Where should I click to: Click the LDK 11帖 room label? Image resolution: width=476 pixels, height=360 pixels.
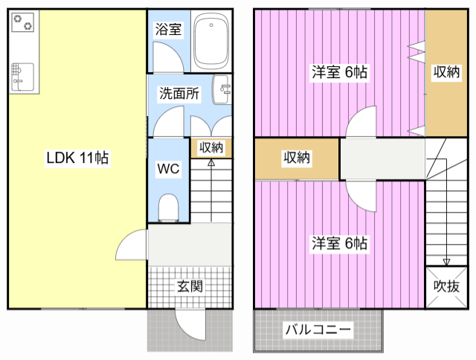coord(77,158)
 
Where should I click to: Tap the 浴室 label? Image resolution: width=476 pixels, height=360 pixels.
coord(168,30)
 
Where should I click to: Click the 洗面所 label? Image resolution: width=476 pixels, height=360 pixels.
coord(179,94)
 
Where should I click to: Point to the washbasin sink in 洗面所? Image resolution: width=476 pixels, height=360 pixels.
coord(222,89)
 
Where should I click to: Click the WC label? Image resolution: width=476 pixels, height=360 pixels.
coord(169,169)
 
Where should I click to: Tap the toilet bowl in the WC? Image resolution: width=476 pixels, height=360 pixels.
coord(169,208)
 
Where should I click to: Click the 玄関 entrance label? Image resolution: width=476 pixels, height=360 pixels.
coord(190,286)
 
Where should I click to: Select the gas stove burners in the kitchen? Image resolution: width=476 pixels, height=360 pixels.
coord(23,22)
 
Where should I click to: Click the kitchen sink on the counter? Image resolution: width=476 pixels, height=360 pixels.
coord(22,77)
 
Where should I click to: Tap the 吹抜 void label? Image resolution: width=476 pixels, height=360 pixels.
coord(446,286)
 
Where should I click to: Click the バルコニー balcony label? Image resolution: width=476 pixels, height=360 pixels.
coord(318,330)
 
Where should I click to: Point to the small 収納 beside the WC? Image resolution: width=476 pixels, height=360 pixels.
coord(211,147)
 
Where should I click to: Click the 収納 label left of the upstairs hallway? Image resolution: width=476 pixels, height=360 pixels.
coord(297,158)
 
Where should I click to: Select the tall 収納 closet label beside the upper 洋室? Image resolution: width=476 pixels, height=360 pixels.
coord(446,72)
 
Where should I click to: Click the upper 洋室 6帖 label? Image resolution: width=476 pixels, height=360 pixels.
coord(339,72)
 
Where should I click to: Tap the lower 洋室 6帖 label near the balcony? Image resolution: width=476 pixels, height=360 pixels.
coord(339,243)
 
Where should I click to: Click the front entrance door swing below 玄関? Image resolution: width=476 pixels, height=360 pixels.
coord(190,325)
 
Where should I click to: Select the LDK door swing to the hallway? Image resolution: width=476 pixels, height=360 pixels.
coord(132,245)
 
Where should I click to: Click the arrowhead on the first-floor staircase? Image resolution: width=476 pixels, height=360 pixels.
coord(211,163)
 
